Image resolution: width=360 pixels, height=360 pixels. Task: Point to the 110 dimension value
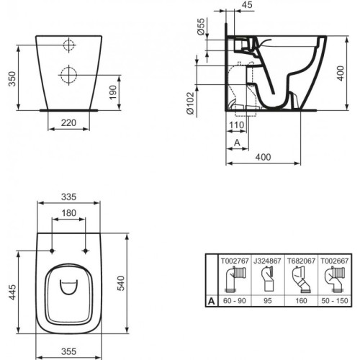pyautogui.click(x=238, y=125)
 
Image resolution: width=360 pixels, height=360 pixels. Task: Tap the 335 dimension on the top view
pyautogui.click(x=69, y=195)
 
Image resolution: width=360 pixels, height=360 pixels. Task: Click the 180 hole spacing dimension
pyautogui.click(x=69, y=212)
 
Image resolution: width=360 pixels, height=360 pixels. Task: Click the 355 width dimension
pyautogui.click(x=69, y=352)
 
